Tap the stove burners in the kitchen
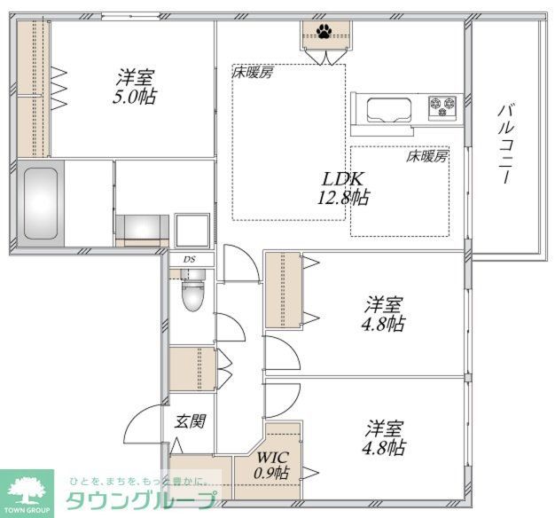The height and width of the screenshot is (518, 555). pyautogui.click(x=442, y=107)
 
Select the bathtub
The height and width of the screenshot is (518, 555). pyautogui.click(x=40, y=203)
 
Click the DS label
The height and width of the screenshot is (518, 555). pyautogui.click(x=190, y=259)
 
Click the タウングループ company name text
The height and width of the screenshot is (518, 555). pyautogui.click(x=142, y=499)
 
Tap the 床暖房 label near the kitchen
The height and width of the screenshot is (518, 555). pyautogui.click(x=426, y=156)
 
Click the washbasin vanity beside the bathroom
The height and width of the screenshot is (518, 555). pyautogui.click(x=142, y=228)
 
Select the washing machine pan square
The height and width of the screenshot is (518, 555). pyautogui.click(x=192, y=230)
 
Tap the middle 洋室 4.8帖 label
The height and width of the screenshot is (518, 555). pyautogui.click(x=384, y=313)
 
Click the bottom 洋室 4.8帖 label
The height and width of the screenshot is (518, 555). pyautogui.click(x=384, y=437)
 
